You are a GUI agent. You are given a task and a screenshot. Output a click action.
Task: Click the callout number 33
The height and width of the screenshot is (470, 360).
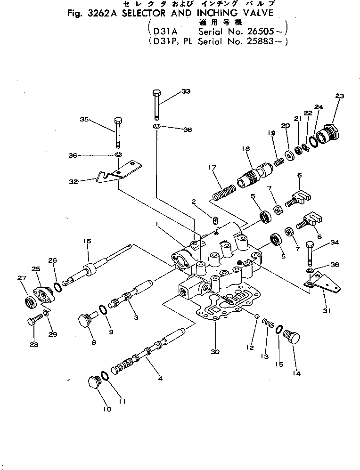(x=186, y=91)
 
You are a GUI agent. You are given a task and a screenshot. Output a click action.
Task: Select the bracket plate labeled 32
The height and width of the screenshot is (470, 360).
(x=118, y=171)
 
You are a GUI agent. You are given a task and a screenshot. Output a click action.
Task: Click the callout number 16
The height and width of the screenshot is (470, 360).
(x=87, y=241)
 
